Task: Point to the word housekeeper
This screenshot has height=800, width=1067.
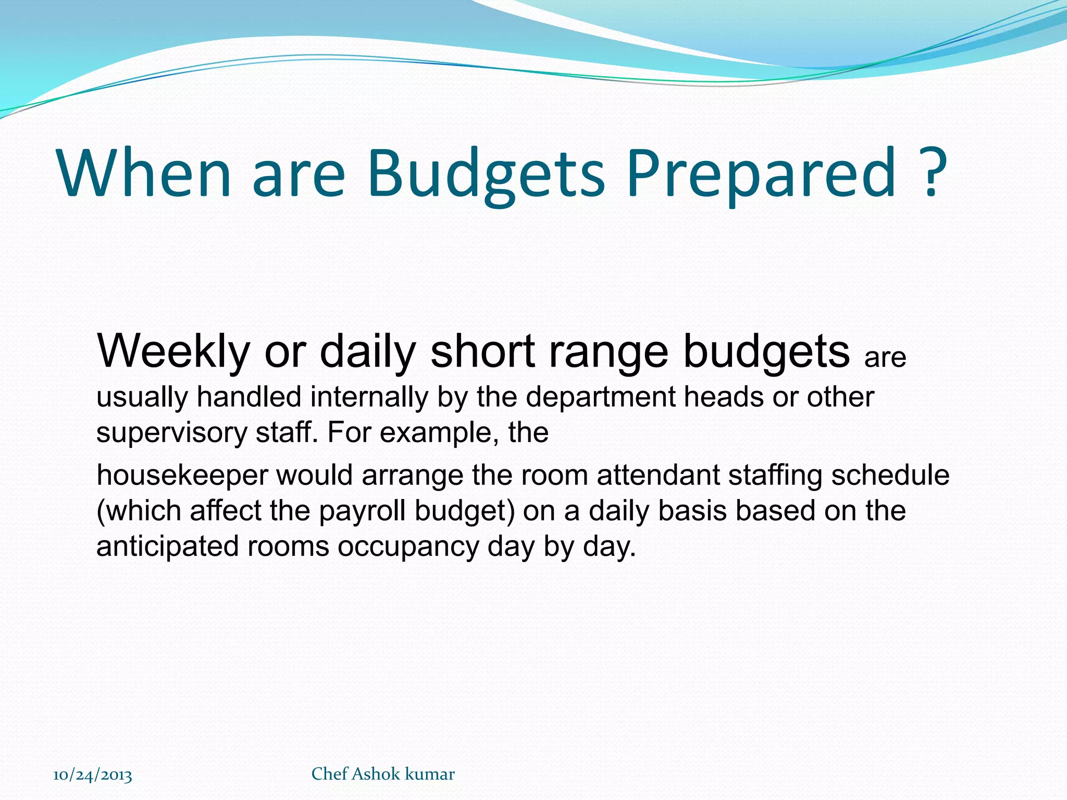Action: [x=182, y=476]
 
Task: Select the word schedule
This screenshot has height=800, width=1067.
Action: [x=890, y=476]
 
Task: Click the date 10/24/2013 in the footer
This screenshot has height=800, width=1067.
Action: [x=93, y=775]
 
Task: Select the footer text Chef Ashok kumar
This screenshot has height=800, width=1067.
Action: [x=383, y=774]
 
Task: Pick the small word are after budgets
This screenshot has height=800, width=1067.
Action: [x=885, y=358]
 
